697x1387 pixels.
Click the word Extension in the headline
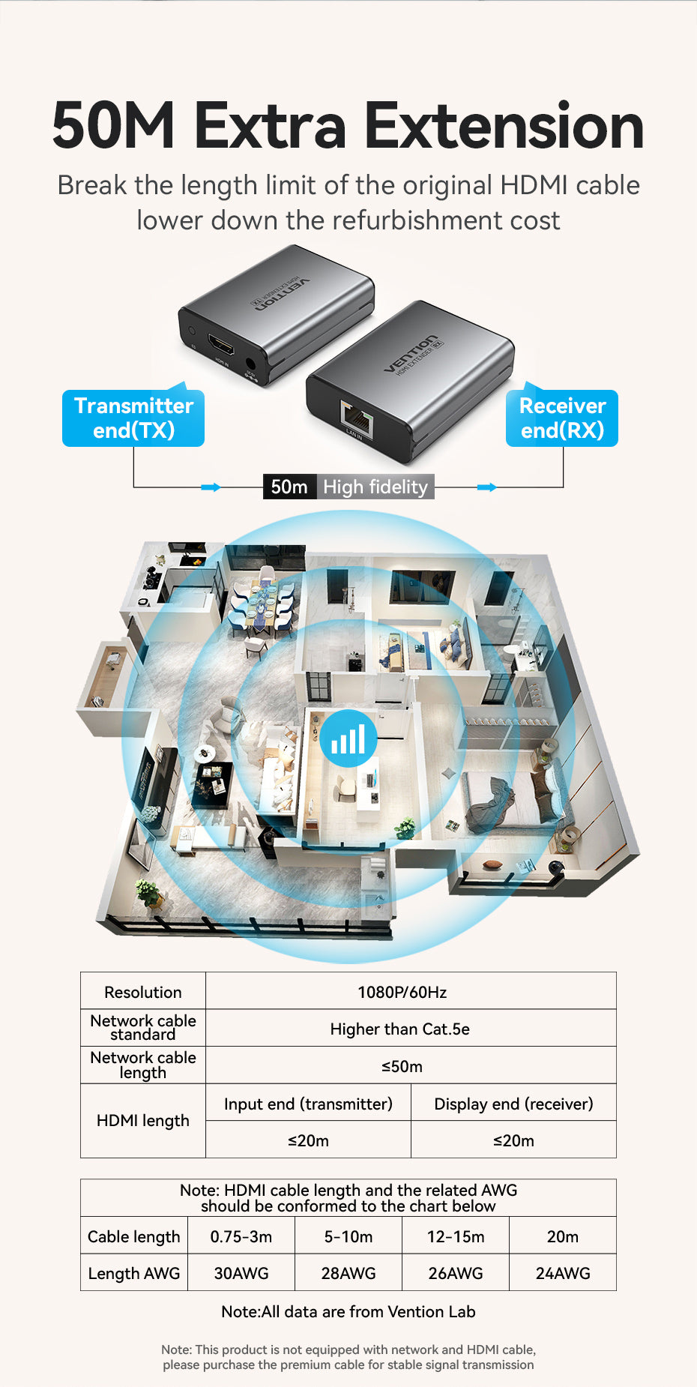pyautogui.click(x=504, y=126)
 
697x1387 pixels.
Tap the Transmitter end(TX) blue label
pyautogui.click(x=133, y=418)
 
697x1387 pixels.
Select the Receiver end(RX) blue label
pyautogui.click(x=562, y=418)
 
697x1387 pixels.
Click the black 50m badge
pyautogui.click(x=289, y=487)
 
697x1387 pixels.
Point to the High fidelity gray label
pyautogui.click(x=375, y=487)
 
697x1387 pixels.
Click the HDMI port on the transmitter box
pyautogui.click(x=221, y=346)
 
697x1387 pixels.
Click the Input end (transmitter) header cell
pyautogui.click(x=308, y=1103)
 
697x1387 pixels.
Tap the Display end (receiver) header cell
pyautogui.click(x=513, y=1103)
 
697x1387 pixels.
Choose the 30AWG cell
pyautogui.click(x=241, y=1272)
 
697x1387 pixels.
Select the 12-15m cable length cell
pyautogui.click(x=456, y=1236)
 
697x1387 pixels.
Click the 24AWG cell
pyautogui.click(x=563, y=1272)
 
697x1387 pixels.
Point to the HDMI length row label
pyautogui.click(x=143, y=1121)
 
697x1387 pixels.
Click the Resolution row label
pyautogui.click(x=143, y=991)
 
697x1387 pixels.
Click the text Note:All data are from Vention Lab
pyautogui.click(x=348, y=1311)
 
